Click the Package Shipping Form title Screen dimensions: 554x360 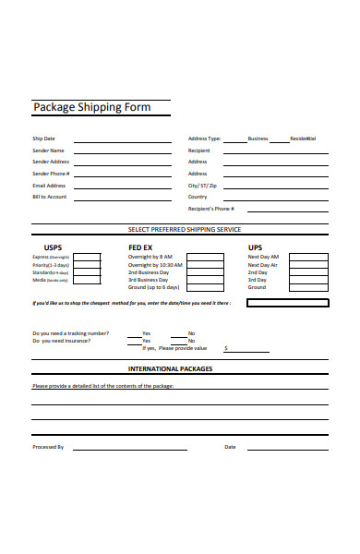91,107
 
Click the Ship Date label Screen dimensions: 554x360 43,138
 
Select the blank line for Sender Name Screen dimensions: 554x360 124,151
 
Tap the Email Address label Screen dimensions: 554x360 49,185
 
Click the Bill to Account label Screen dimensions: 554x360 50,197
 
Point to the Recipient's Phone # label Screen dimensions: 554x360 217,209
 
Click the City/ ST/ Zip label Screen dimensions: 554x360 202,185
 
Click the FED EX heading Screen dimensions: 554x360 141,247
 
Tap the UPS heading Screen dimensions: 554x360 256,247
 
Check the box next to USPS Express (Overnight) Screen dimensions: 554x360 87,257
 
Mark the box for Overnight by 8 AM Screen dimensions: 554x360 196,257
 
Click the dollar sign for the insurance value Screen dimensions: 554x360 226,349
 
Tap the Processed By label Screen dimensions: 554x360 48,447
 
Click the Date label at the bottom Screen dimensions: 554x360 230,447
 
